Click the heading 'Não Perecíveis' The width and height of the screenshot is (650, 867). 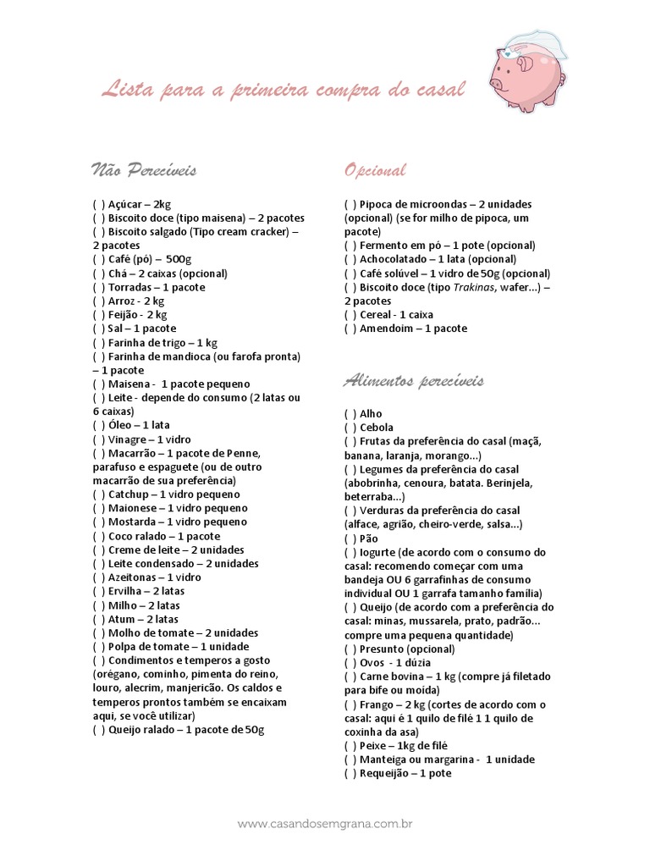[143, 170]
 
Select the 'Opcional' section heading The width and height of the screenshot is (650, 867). [375, 170]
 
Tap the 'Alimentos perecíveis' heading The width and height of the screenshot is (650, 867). [413, 381]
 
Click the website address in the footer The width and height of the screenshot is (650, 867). [325, 823]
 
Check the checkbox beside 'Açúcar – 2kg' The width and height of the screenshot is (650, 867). [98, 204]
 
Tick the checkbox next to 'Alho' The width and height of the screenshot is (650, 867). [350, 414]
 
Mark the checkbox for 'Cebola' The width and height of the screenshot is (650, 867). [350, 428]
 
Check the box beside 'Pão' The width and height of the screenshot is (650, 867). [350, 538]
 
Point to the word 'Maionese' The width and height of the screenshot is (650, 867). [133, 508]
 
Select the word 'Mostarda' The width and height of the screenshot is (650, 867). [133, 522]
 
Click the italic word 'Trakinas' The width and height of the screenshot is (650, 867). [470, 287]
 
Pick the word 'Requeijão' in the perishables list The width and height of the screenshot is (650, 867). [386, 773]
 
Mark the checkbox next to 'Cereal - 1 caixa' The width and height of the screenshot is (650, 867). [350, 315]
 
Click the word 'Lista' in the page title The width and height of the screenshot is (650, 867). [123, 88]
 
